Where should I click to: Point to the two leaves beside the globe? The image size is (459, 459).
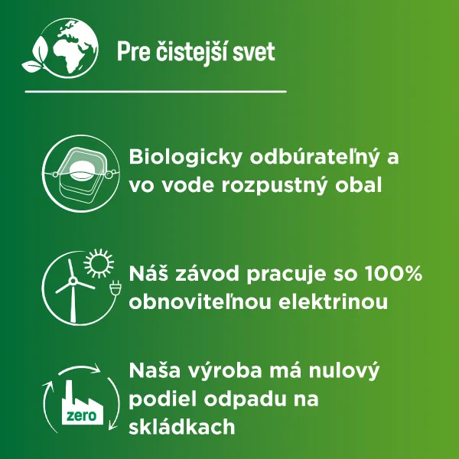(x=37, y=55)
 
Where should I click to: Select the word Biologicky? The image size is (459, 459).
(x=186, y=158)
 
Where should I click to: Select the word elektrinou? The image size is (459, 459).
(x=333, y=301)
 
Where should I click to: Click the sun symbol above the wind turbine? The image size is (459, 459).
(x=99, y=263)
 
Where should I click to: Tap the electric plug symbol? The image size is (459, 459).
(x=115, y=287)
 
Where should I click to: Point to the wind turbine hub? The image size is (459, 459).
(x=73, y=282)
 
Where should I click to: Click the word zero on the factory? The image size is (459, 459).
(x=81, y=415)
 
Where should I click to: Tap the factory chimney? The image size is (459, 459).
(x=69, y=392)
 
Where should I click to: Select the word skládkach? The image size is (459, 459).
(x=182, y=427)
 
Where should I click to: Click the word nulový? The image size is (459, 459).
(x=344, y=371)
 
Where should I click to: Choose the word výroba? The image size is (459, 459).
(x=225, y=371)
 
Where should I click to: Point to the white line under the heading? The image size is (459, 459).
(x=156, y=92)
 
